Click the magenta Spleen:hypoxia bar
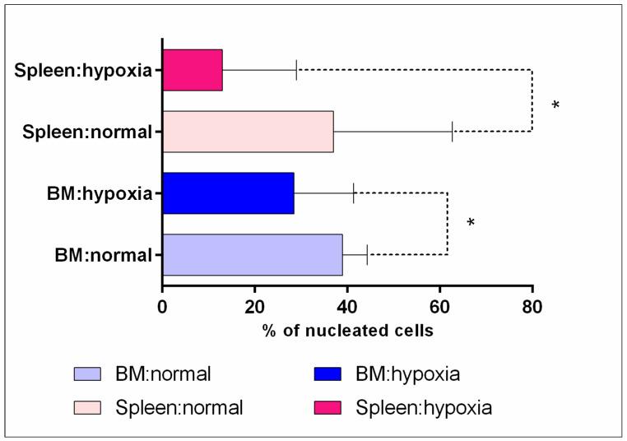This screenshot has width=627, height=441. (x=193, y=70)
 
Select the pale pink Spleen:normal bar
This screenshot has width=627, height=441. (x=248, y=132)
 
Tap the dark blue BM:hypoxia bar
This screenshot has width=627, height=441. (x=228, y=193)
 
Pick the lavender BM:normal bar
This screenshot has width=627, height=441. (x=253, y=255)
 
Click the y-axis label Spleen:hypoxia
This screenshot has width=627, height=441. (x=84, y=70)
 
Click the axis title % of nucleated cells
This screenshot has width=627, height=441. (x=348, y=331)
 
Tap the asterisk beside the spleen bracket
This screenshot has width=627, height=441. (x=555, y=106)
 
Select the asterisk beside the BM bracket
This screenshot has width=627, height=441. (x=471, y=224)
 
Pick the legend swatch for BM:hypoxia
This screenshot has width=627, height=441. (x=340, y=374)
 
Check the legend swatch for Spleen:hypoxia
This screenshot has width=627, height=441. (x=340, y=406)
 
